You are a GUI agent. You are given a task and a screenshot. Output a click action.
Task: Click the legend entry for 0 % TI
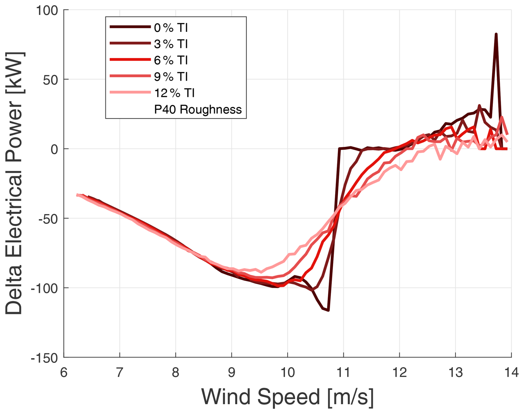171,28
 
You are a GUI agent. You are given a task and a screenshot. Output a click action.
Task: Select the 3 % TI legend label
171,44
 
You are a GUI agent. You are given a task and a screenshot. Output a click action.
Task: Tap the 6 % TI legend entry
171,60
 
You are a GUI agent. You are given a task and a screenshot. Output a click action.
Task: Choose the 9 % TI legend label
171,77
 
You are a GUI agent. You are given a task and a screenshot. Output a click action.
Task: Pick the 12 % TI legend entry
174,93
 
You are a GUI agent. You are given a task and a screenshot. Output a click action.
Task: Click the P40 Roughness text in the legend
198,110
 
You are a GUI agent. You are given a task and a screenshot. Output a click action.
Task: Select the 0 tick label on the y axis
54,149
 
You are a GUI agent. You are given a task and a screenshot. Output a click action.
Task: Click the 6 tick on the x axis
64,373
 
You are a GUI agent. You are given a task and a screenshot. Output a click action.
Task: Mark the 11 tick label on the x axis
343,373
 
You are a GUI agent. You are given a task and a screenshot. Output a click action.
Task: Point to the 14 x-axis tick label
511,373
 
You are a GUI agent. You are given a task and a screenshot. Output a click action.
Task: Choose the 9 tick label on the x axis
232,373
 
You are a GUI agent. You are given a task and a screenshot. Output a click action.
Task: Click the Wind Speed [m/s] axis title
287,397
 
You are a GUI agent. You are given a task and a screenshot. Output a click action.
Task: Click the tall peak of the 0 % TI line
496,35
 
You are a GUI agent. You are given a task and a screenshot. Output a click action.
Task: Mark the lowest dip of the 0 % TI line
328,310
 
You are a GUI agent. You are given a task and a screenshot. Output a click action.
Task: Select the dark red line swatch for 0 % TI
130,27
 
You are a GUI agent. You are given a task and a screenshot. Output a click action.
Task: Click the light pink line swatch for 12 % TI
130,92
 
